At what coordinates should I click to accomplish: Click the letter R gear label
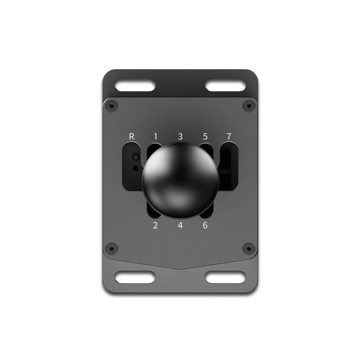(x=131, y=137)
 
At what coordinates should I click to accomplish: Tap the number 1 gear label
(x=156, y=137)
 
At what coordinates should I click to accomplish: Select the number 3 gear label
(x=180, y=137)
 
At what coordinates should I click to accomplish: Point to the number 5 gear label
(x=205, y=137)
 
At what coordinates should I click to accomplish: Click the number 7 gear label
(x=229, y=137)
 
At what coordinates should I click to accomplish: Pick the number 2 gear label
(x=156, y=226)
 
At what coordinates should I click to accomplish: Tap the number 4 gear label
(x=180, y=226)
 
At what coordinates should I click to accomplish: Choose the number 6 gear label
(x=205, y=226)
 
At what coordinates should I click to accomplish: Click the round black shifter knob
(x=180, y=180)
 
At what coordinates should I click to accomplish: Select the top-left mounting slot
(x=135, y=85)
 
